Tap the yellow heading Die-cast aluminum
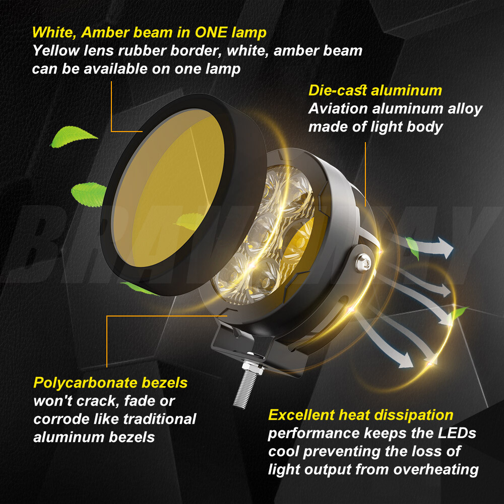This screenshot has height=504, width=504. [375, 91]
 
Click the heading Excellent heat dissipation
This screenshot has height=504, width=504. [361, 415]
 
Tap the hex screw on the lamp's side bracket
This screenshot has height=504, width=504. [363, 261]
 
